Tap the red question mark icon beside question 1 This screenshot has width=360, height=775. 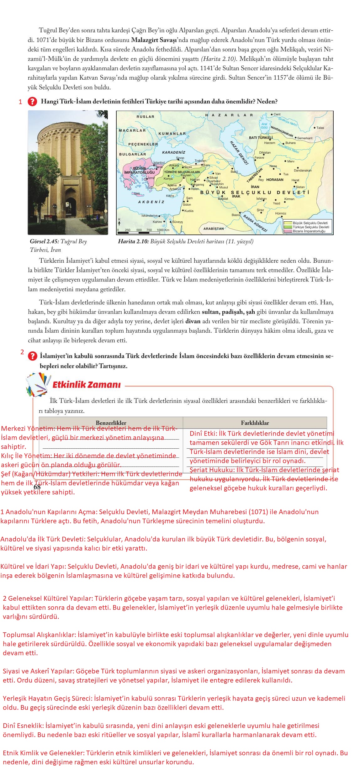pyautogui.click(x=32, y=102)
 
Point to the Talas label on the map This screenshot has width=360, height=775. pyautogui.click(x=320, y=128)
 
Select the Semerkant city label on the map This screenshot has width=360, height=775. pyautogui.click(x=304, y=138)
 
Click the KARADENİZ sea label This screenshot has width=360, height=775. pyautogui.click(x=173, y=152)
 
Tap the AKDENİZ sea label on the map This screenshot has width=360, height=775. pyautogui.click(x=151, y=202)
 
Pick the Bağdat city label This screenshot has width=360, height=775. pyautogui.click(x=223, y=199)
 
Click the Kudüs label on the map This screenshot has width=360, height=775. pyautogui.click(x=189, y=211)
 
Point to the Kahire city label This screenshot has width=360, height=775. pyautogui.click(x=157, y=222)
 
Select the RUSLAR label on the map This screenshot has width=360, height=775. pyautogui.click(x=146, y=117)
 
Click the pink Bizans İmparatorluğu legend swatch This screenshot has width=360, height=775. pyautogui.click(x=288, y=231)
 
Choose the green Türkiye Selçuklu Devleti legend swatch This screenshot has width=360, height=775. pyautogui.click(x=288, y=227)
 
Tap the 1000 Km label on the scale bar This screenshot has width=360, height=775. pyautogui.click(x=163, y=230)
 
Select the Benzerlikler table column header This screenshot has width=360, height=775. pyautogui.click(x=111, y=423)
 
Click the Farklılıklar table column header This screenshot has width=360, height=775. pyautogui.click(x=255, y=423)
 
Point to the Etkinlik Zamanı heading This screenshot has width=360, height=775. pyautogui.click(x=87, y=385)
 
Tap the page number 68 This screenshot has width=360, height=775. pyautogui.click(x=37, y=487)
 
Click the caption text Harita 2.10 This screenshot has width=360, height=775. pyautogui.click(x=133, y=241)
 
